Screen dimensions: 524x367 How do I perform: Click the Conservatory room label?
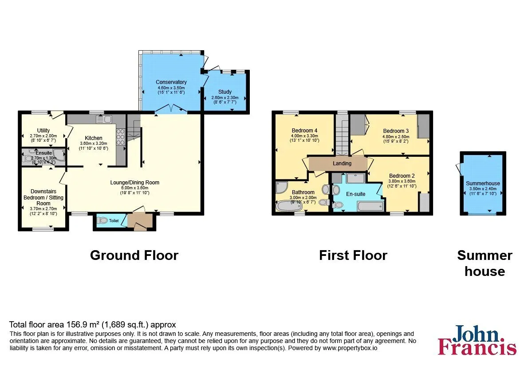click(171, 82)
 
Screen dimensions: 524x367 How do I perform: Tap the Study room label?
click(225, 92)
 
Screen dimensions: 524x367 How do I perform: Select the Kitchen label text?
click(94, 138)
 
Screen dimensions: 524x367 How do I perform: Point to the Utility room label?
click(43, 131)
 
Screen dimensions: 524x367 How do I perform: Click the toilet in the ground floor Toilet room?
click(102, 220)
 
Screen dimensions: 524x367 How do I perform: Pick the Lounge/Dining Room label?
click(135, 182)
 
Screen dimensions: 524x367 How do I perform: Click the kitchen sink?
click(104, 119)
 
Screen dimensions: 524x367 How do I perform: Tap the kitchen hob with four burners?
click(121, 137)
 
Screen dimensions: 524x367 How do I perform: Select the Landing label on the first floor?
click(342, 163)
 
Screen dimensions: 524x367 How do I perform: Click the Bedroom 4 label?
click(304, 131)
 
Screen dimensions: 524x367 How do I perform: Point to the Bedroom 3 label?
click(396, 131)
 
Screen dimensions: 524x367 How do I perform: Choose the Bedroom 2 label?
click(402, 176)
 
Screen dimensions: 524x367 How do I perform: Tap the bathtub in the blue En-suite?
click(370, 206)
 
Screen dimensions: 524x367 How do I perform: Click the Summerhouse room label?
click(483, 183)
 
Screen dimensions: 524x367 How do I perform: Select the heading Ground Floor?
click(134, 255)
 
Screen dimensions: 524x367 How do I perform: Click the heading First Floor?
click(353, 255)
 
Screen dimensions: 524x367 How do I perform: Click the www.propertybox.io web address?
click(350, 348)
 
